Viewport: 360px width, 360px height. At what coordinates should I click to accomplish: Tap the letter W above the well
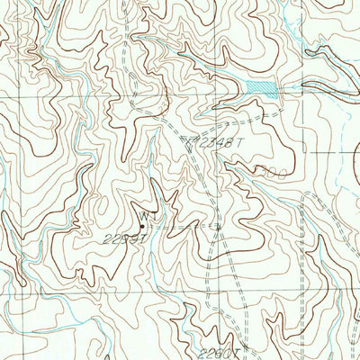[x=142, y=214]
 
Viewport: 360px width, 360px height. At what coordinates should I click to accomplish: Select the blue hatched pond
[x=260, y=87]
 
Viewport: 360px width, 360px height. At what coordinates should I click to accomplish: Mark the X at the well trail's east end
[x=216, y=227]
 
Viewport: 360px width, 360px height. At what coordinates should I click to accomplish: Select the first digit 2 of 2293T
[x=131, y=238]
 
